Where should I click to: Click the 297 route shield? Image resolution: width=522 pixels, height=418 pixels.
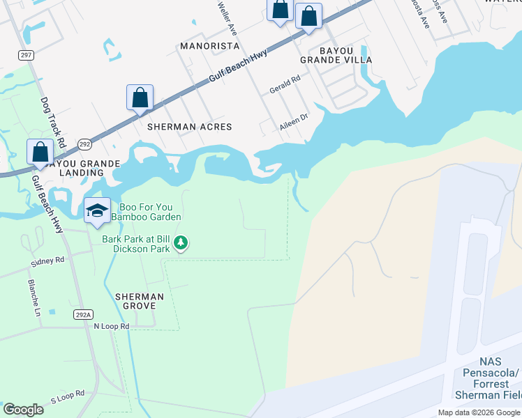point(27,55)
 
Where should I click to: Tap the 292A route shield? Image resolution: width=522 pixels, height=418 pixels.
point(82,314)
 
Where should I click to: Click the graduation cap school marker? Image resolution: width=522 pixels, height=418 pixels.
point(97,210)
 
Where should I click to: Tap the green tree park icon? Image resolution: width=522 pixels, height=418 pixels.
point(181,243)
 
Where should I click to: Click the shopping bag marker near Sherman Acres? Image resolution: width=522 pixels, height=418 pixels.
point(140,98)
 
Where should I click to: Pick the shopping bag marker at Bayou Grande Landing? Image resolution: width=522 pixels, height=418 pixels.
point(40,152)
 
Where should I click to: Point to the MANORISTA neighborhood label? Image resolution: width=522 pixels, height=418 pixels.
point(209,46)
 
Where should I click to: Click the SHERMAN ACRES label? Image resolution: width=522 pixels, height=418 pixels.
point(189,127)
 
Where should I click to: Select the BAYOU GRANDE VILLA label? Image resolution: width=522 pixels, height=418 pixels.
point(345,56)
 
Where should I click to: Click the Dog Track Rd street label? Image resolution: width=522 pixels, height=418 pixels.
point(52,122)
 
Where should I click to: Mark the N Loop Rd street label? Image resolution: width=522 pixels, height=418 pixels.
point(112,326)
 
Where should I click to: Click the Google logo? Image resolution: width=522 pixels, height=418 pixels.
point(24,410)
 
